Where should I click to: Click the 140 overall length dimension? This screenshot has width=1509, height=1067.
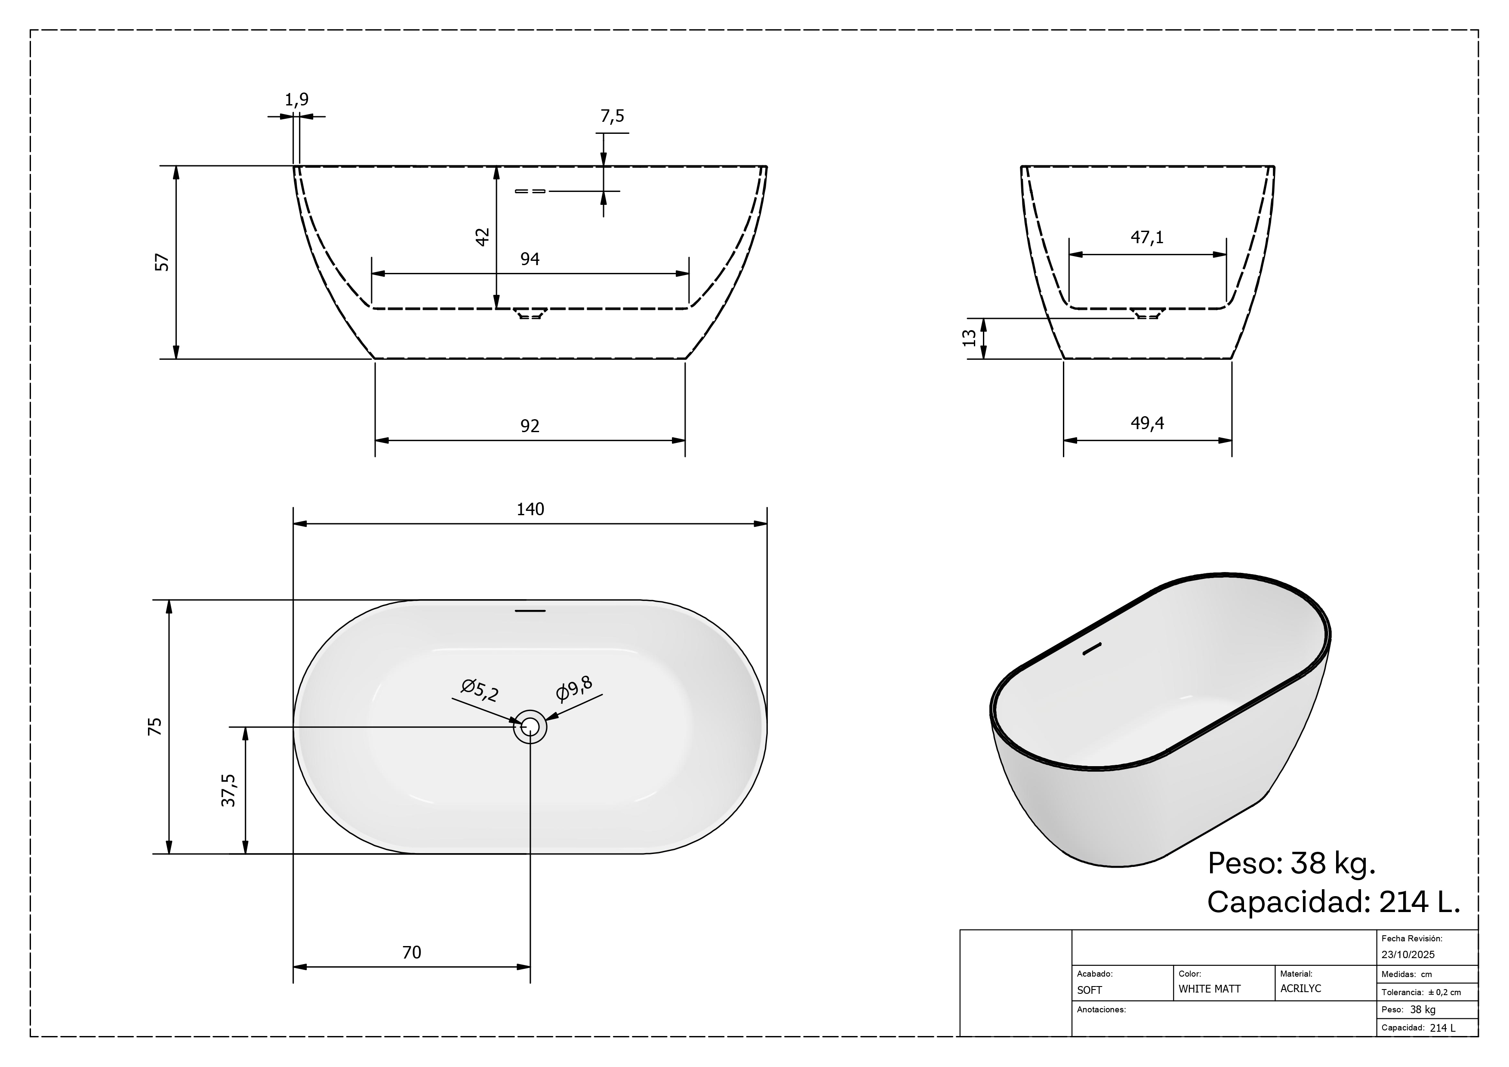(x=530, y=510)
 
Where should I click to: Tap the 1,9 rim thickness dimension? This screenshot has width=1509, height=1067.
(x=296, y=100)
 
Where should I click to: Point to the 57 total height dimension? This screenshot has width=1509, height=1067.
(x=162, y=262)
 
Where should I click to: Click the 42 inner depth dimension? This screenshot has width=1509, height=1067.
(x=482, y=237)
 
